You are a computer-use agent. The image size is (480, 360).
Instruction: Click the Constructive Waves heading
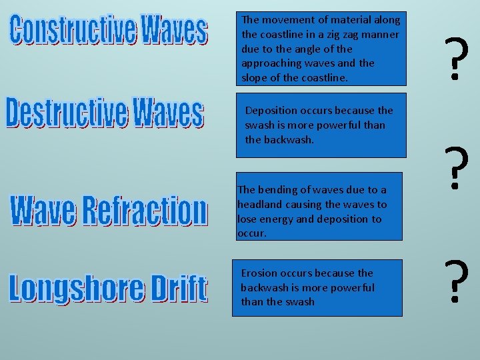109,31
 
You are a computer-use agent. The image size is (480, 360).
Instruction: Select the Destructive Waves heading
104,113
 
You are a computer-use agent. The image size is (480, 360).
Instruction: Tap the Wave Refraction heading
109,211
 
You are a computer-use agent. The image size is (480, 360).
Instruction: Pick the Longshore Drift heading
107,288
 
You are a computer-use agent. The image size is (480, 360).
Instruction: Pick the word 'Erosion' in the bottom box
259,273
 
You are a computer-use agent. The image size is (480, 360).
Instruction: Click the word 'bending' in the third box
278,190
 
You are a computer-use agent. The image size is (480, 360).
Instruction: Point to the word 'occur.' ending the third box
252,234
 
